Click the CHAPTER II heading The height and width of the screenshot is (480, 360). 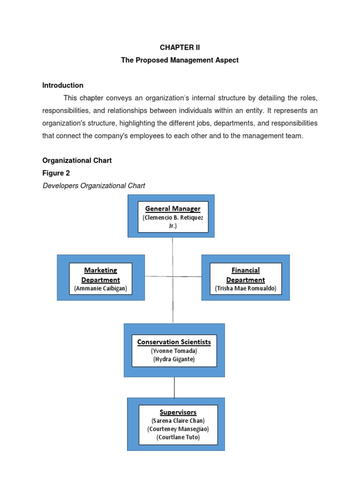click(180, 48)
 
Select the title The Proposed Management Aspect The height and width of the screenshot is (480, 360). click(180, 60)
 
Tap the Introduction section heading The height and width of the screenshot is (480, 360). click(63, 85)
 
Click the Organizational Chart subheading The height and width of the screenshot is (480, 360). click(77, 160)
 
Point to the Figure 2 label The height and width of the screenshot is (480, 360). click(56, 173)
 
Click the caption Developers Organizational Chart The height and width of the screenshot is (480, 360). click(94, 186)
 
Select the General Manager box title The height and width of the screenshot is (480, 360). click(172, 209)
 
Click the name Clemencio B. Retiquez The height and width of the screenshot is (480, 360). click(172, 218)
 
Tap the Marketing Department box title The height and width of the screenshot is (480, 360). click(101, 275)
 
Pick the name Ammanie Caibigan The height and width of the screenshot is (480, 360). click(101, 288)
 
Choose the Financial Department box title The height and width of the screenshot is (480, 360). click(246, 275)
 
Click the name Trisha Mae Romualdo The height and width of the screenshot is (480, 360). click(246, 288)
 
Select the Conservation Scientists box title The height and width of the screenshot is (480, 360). click(174, 342)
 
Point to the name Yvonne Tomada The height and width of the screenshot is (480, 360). click(174, 351)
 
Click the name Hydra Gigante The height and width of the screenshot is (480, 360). click(174, 359)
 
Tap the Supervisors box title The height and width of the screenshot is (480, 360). click(178, 412)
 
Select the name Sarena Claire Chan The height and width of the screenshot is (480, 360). click(178, 421)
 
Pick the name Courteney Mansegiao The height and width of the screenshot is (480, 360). click(178, 429)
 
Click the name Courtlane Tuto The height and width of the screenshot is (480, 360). click(178, 437)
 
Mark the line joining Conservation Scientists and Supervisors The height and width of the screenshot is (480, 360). click(174, 387)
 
